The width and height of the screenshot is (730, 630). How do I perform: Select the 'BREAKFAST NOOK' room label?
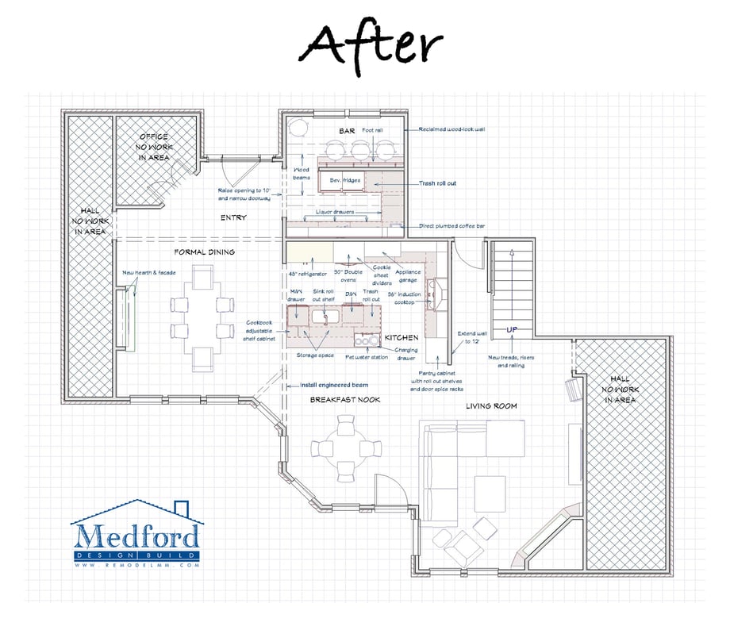pyautogui.click(x=344, y=400)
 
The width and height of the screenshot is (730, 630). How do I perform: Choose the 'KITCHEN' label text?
pyautogui.click(x=401, y=338)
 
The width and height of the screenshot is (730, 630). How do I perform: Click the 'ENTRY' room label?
pyautogui.click(x=233, y=217)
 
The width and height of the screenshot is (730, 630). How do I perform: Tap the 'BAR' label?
pyautogui.click(x=347, y=130)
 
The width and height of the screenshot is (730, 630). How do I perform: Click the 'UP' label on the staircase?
pyautogui.click(x=513, y=328)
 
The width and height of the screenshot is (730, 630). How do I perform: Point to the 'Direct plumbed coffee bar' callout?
pyautogui.click(x=453, y=227)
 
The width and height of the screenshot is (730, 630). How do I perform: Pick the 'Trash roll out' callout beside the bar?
pyautogui.click(x=437, y=183)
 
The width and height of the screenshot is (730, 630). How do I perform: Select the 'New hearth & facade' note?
pyautogui.click(x=150, y=273)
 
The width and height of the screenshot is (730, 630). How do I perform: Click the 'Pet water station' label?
pyautogui.click(x=367, y=357)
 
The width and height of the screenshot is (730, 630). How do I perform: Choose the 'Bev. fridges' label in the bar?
pyautogui.click(x=345, y=180)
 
